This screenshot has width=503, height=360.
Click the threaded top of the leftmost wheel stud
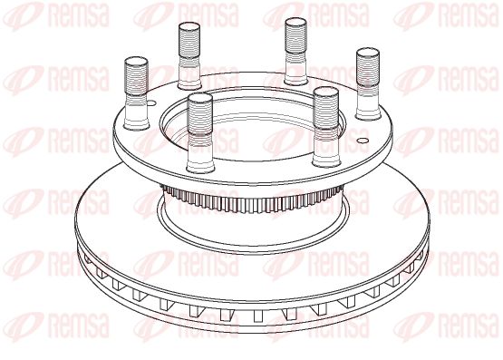[x=136, y=75]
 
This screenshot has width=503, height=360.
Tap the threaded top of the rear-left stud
[x=189, y=40]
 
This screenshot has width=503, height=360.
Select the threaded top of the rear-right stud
[x=295, y=36]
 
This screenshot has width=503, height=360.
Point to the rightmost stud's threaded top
[x=368, y=66]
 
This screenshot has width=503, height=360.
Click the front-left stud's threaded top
[x=200, y=112]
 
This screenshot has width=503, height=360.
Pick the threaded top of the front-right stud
[x=326, y=107]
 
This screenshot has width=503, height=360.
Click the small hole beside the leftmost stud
[x=151, y=103]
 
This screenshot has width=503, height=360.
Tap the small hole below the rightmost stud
[x=363, y=141]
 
